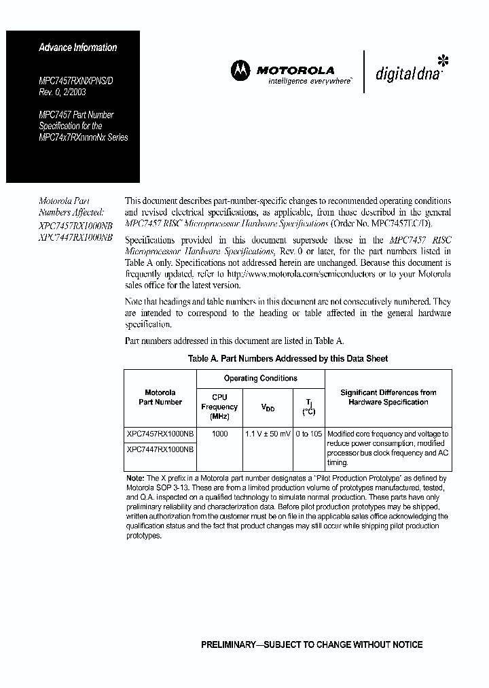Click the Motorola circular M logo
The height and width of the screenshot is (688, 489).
click(240, 69)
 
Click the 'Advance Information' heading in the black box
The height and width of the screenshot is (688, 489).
click(77, 48)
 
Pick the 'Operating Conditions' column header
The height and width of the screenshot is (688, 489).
click(261, 378)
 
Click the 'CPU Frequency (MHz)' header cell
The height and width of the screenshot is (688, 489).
click(219, 407)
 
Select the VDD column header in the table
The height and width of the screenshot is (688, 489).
click(268, 407)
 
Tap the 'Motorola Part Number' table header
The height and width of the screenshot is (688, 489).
click(160, 397)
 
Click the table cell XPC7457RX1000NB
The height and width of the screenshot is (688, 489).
click(160, 434)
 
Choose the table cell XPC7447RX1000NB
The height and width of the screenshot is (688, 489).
click(160, 449)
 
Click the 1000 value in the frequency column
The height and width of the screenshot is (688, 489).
click(219, 434)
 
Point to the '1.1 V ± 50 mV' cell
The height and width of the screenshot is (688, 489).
click(268, 434)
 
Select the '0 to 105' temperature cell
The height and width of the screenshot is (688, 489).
click(308, 434)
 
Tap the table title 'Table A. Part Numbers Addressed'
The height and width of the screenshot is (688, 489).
click(287, 358)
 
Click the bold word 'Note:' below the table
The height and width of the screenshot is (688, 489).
click(135, 478)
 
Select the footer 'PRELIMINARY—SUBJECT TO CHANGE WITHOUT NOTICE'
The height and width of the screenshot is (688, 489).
click(312, 644)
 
